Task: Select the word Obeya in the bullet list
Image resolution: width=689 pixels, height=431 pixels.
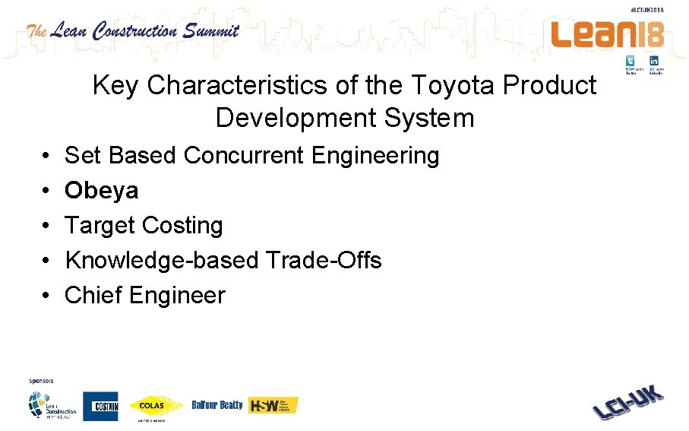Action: coord(101,190)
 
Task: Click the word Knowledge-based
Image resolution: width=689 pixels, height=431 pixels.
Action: coord(162,260)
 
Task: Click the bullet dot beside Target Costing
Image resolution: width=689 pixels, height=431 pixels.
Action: coord(47,226)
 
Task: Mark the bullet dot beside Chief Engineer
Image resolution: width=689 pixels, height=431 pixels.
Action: coord(47,296)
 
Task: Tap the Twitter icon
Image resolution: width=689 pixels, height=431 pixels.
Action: coord(631,61)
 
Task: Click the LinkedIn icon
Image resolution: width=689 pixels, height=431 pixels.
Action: coord(653,61)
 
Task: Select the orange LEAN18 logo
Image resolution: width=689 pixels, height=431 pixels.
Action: coord(608,34)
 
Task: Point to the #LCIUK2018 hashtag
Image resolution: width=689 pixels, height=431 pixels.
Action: coord(647,10)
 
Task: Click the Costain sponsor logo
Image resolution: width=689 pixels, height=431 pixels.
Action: coord(100,406)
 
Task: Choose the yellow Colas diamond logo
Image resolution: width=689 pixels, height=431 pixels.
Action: coord(156,405)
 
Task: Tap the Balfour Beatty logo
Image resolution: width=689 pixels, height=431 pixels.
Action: coord(217,405)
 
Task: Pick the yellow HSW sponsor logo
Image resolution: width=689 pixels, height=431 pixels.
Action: coord(273,405)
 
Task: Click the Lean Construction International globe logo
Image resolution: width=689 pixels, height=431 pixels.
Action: coord(52,405)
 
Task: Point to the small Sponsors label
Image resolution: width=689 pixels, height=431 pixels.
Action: coord(41,380)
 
